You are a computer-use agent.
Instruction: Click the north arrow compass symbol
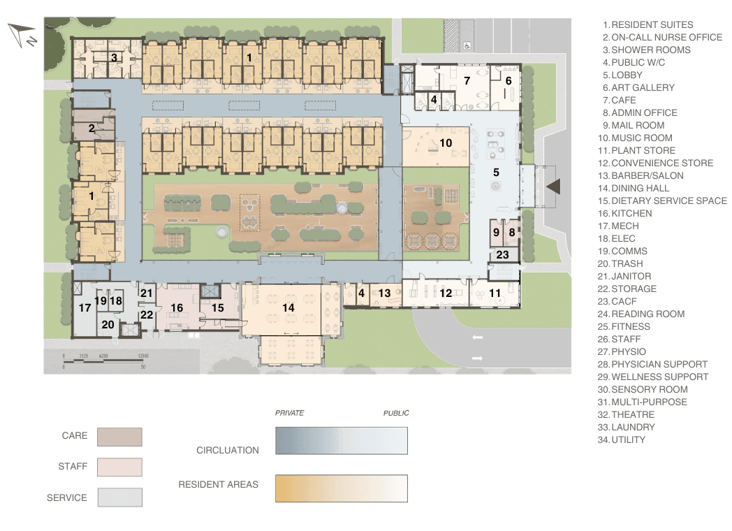[x=23, y=34]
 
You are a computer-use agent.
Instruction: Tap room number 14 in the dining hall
[x=288, y=307]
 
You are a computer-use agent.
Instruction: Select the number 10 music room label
[x=446, y=143]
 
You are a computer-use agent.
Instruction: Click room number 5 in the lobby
[x=497, y=172]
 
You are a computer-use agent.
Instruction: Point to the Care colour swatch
[x=119, y=437]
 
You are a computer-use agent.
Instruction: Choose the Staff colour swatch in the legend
[x=119, y=467]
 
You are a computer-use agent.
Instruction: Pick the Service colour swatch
[x=119, y=497]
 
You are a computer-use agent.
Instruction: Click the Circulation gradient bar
[x=342, y=441]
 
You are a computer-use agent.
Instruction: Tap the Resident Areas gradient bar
[x=342, y=488]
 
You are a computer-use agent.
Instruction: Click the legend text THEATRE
[x=633, y=414]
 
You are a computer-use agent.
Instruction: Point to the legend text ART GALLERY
[x=643, y=87]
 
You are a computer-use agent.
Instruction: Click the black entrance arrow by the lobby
[x=553, y=187]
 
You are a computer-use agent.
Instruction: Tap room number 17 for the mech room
[x=85, y=307]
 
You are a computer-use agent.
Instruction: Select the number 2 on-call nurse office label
[x=91, y=129]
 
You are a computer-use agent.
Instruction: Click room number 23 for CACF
[x=503, y=255]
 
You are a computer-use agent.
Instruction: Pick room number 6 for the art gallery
[x=508, y=80]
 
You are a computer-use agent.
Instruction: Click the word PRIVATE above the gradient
[x=289, y=413]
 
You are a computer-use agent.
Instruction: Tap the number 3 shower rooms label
[x=114, y=57]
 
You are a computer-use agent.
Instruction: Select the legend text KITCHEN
[x=631, y=213]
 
